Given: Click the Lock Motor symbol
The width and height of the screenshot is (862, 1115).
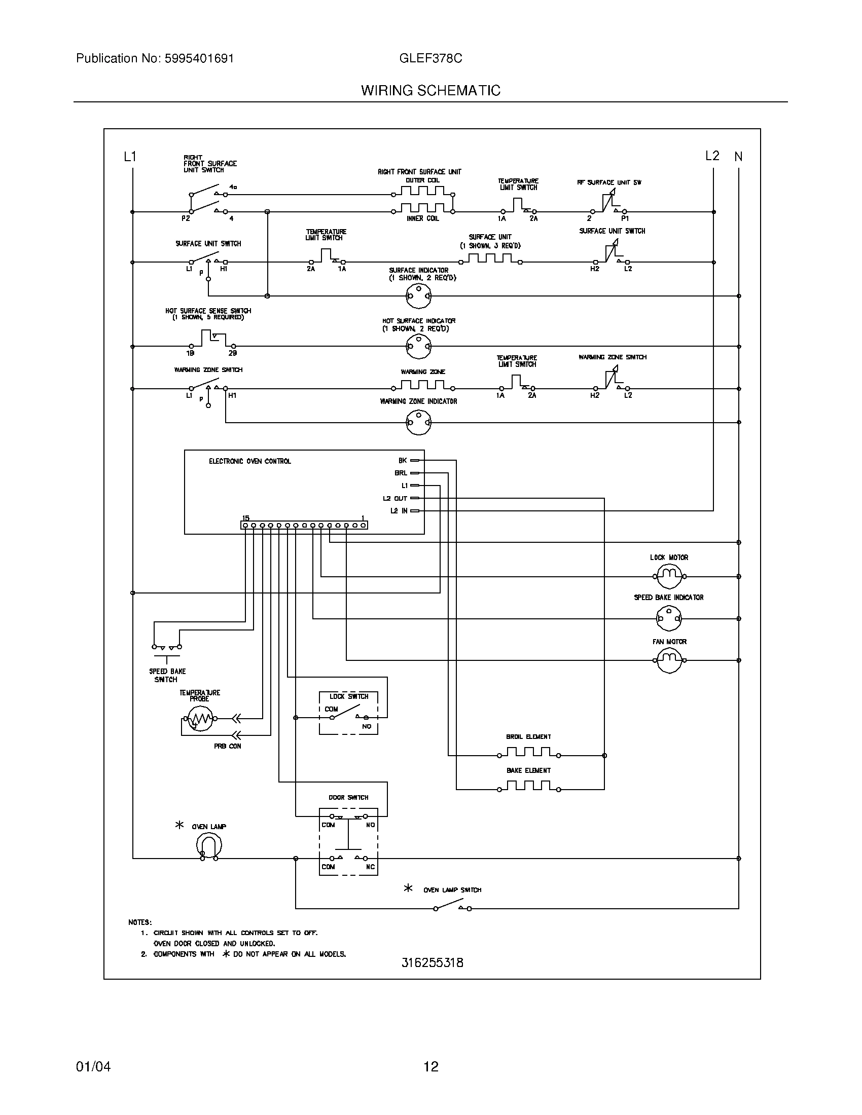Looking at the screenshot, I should (x=669, y=576).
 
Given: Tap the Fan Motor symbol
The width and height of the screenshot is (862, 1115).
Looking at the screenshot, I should (x=669, y=660).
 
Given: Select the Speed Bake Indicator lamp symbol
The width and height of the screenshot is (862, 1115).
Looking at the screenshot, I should (x=669, y=618).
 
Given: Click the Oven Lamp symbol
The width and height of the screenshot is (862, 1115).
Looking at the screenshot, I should (x=209, y=846).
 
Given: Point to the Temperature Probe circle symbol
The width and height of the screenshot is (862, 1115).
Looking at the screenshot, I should (x=200, y=718).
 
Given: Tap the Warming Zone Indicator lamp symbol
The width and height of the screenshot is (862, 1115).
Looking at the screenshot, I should (x=418, y=422).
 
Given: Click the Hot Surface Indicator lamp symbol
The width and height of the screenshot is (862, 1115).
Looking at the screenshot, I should (x=418, y=347).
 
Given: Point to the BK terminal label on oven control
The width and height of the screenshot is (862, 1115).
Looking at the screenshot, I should (x=403, y=460).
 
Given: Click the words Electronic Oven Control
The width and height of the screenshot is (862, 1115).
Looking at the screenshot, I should (x=249, y=461).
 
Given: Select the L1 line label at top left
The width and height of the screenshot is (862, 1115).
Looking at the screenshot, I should (x=130, y=157).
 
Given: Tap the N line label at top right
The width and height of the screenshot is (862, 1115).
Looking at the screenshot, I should (x=738, y=157).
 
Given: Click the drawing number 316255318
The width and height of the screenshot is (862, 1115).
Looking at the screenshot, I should (x=432, y=962).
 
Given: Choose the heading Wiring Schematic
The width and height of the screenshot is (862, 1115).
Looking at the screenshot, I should (x=430, y=90).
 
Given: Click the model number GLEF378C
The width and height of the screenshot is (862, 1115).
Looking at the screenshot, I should (x=430, y=58).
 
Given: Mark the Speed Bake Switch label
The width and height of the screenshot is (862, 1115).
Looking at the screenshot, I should (x=167, y=675).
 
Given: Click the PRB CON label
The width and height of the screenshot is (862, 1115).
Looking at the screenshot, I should (x=227, y=746).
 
